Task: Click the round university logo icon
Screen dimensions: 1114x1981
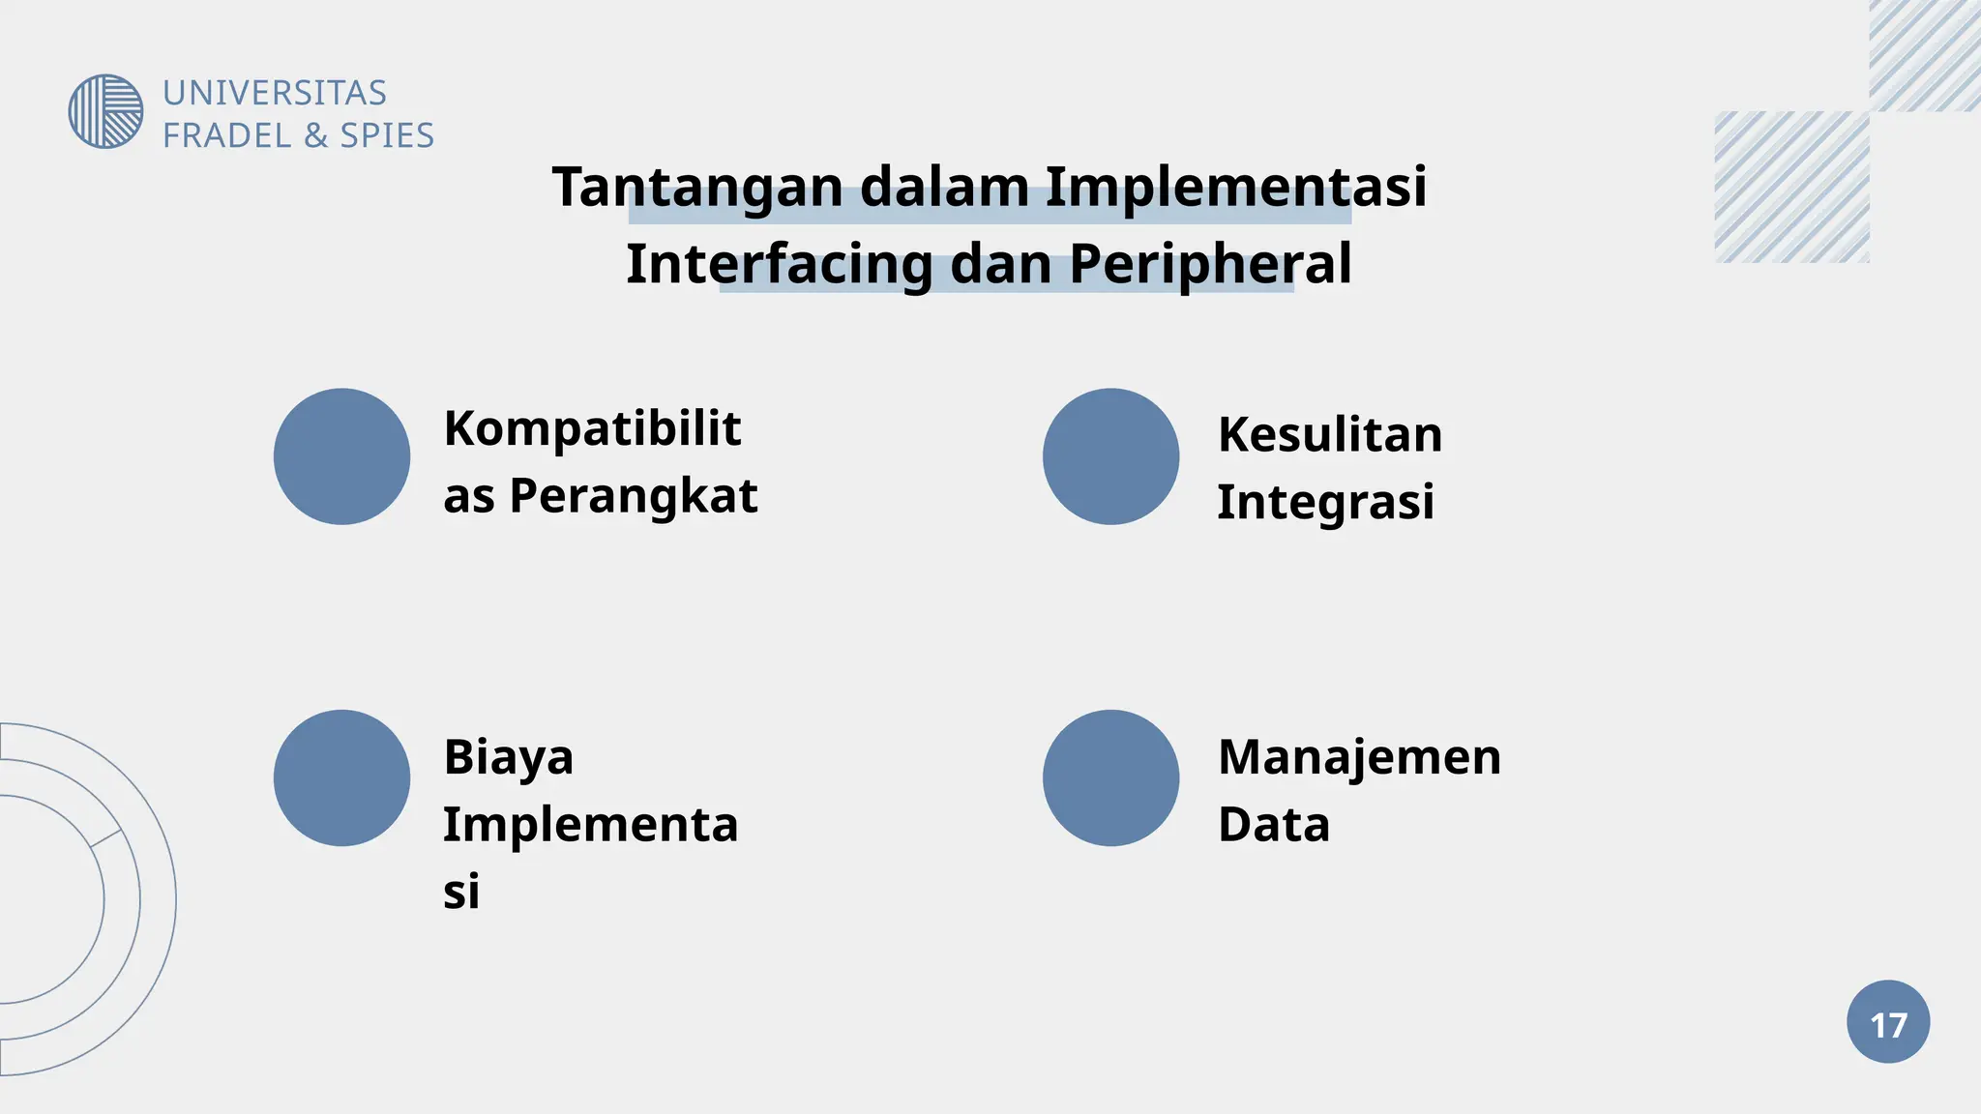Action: (x=105, y=111)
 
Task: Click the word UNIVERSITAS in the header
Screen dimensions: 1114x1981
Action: (x=275, y=93)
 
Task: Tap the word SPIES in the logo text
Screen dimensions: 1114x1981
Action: (x=387, y=135)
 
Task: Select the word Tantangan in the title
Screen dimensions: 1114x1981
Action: (x=696, y=187)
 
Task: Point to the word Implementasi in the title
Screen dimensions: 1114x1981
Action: (x=1235, y=186)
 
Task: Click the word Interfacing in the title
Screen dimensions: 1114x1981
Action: (x=780, y=264)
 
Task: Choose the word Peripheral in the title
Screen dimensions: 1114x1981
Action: (x=1210, y=264)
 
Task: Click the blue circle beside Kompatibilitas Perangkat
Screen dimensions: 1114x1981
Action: (x=341, y=456)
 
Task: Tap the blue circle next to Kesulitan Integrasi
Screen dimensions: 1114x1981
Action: (x=1110, y=456)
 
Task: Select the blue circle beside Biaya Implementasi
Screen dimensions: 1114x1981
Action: (x=341, y=777)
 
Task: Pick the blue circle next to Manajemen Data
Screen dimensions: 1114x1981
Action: (x=1110, y=777)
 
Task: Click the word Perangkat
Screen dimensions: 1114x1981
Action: (x=634, y=496)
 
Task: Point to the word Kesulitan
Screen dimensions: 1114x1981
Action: (x=1330, y=434)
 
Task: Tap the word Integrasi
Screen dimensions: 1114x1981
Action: (x=1325, y=502)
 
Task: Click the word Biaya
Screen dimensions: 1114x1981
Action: (x=509, y=757)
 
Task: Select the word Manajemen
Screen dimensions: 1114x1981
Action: (x=1359, y=757)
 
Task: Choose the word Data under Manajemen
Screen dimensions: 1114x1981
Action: (x=1274, y=825)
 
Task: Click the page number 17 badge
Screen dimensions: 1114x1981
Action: (x=1888, y=1022)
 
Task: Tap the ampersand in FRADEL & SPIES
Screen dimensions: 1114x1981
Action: (x=315, y=135)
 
